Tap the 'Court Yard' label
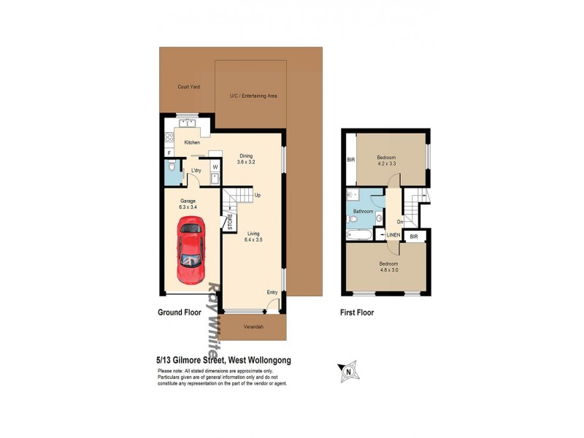click(x=189, y=87)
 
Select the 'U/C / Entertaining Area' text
click(x=253, y=96)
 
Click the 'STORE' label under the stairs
click(x=229, y=221)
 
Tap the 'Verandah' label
click(x=253, y=326)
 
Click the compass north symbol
click(x=348, y=371)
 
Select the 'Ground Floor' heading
click(x=180, y=312)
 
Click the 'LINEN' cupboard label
click(x=393, y=234)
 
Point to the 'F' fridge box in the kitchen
click(x=169, y=153)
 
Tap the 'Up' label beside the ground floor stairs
click(x=258, y=195)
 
